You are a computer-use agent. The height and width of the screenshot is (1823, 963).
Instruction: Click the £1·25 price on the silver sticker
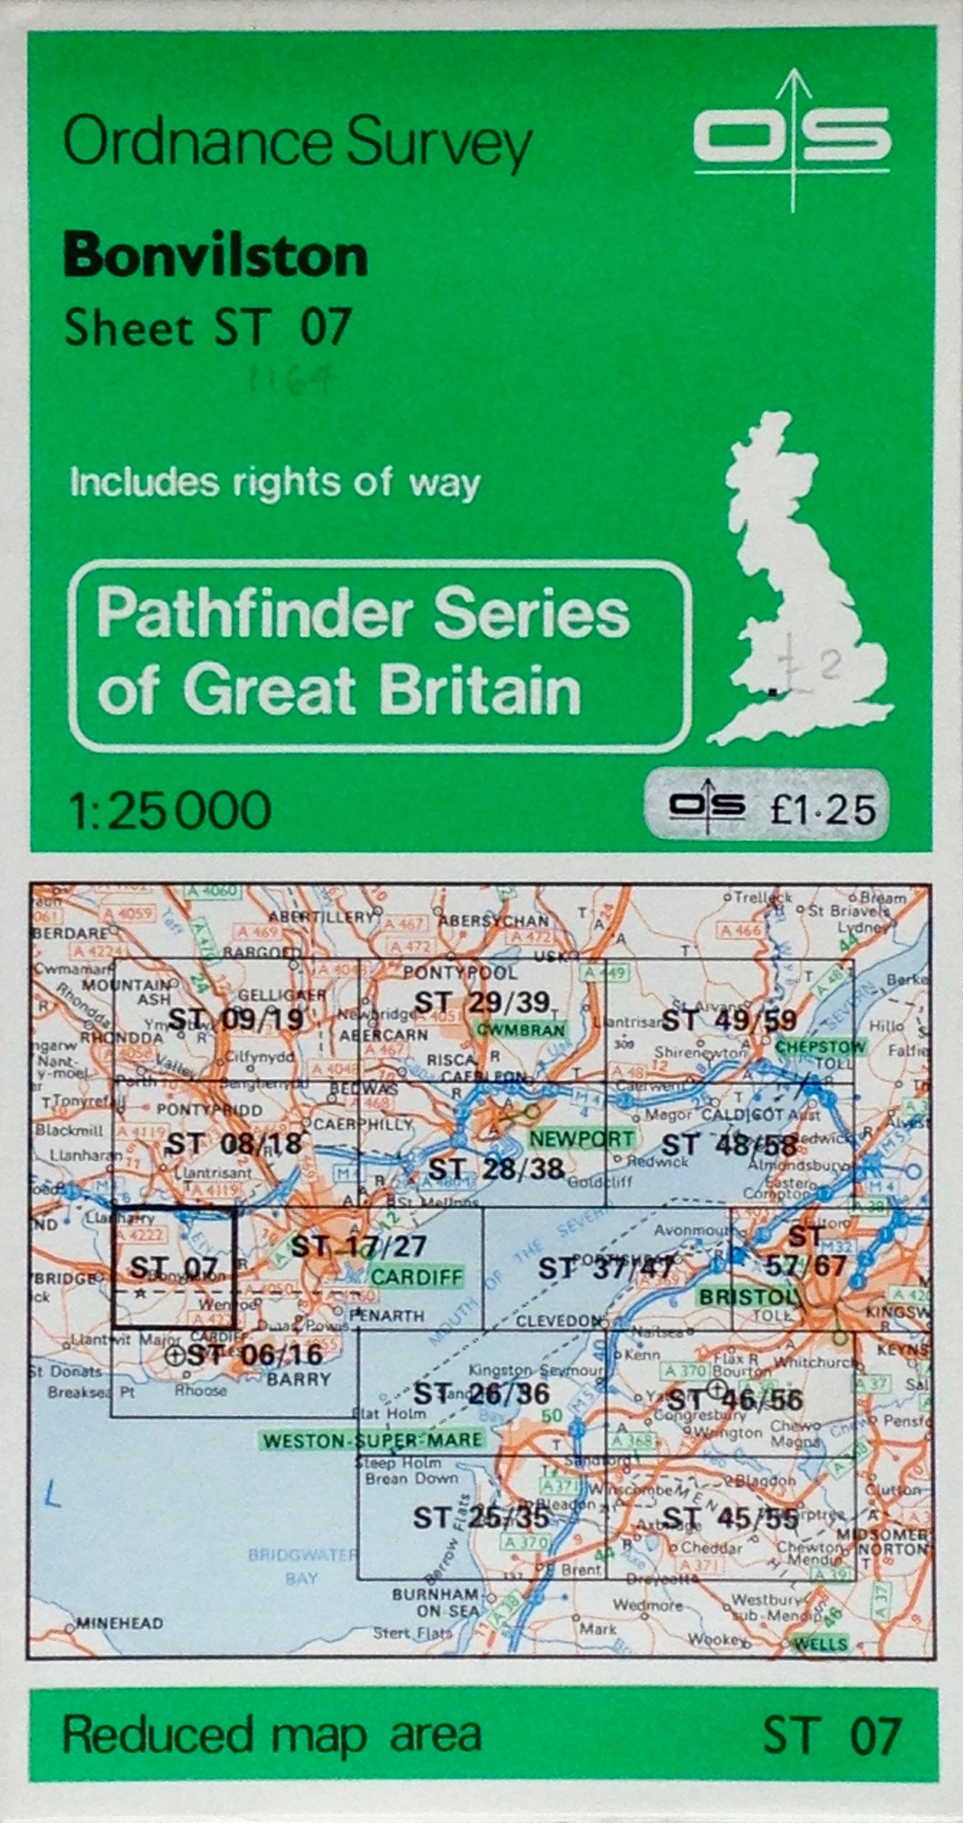pyautogui.click(x=822, y=810)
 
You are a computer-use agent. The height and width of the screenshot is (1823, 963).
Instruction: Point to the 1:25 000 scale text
pyautogui.click(x=170, y=810)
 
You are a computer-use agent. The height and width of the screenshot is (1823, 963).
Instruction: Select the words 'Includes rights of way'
pyautogui.click(x=275, y=483)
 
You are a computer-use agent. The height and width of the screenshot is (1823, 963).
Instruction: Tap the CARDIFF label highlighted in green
pyautogui.click(x=417, y=1277)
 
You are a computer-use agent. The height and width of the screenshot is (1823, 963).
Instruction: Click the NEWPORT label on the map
pyautogui.click(x=591, y=1139)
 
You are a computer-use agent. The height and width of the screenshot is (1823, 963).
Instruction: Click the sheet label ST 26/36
pyautogui.click(x=481, y=1394)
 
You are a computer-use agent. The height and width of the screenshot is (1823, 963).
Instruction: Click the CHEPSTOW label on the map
pyautogui.click(x=821, y=1047)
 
